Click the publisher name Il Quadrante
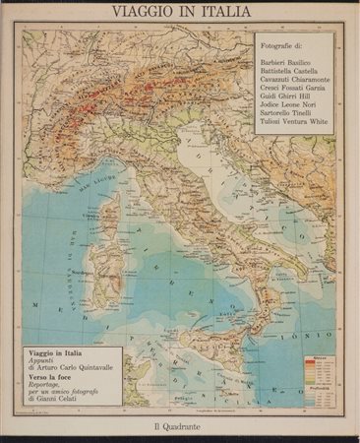click(x=180, y=425)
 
